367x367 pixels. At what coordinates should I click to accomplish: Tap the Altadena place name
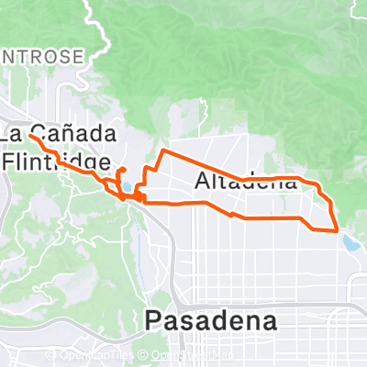247,182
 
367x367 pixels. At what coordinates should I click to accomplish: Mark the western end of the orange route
30,135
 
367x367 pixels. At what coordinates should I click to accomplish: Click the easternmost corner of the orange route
339,228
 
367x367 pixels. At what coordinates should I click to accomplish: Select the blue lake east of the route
351,243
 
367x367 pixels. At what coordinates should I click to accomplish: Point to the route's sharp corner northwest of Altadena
162,149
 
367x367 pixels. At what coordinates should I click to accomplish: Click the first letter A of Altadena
203,182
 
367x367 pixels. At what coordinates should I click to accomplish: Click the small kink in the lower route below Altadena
233,215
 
